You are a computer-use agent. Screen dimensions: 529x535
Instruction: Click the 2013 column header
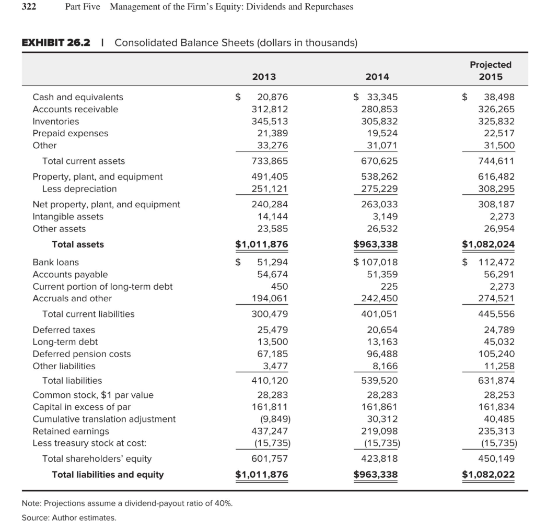point(264,76)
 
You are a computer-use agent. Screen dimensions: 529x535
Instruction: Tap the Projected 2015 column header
point(491,70)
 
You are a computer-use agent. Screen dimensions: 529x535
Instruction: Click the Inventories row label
point(56,121)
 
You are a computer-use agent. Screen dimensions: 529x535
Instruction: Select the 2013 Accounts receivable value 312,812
point(270,109)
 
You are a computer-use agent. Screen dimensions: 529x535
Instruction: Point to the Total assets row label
point(78,244)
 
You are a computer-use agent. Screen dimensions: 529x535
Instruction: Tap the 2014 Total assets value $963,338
point(376,244)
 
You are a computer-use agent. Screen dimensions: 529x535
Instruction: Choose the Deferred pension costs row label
point(82,354)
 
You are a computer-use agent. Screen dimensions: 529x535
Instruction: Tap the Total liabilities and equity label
point(108,475)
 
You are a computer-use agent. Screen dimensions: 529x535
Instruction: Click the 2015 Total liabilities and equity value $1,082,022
point(489,475)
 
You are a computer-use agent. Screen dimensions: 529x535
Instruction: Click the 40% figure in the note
point(224,503)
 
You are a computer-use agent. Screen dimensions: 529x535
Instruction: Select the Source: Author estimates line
point(69,518)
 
